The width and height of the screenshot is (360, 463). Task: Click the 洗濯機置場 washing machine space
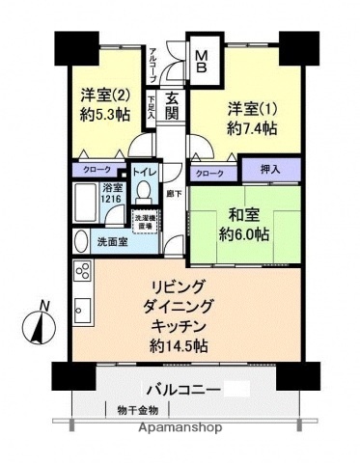tap(146, 220)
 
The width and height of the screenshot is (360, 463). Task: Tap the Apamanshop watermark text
tap(180, 427)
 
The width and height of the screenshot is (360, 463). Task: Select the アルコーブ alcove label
tap(152, 66)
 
